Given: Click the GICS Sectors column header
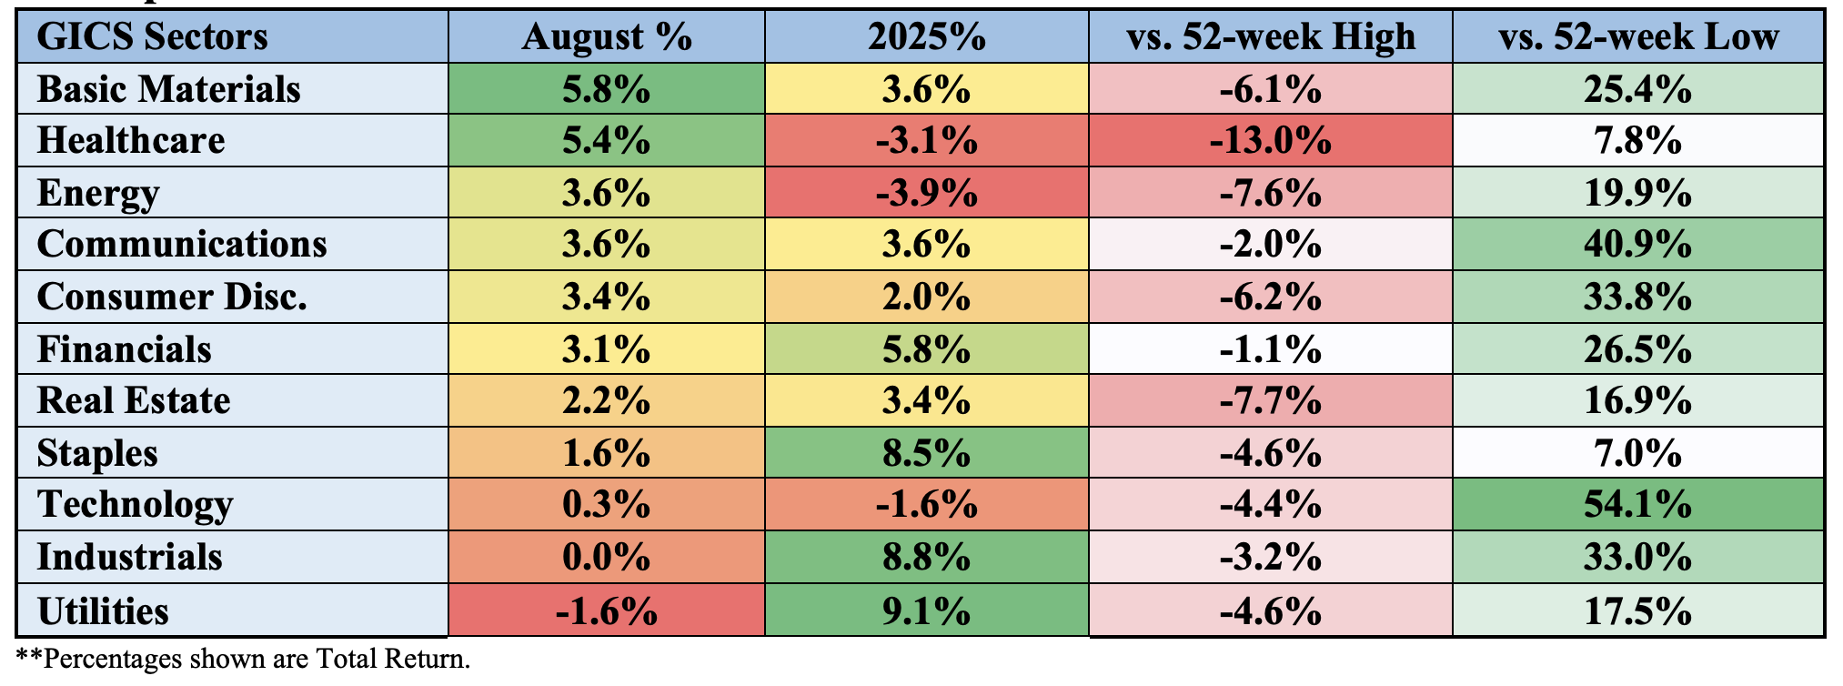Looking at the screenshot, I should [x=153, y=37].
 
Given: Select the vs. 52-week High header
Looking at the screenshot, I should [x=1270, y=37].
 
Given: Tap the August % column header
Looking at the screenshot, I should [x=607, y=37].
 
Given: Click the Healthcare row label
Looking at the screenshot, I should [x=131, y=141].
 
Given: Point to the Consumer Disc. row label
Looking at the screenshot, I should [x=172, y=298].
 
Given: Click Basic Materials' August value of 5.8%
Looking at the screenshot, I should [x=607, y=89].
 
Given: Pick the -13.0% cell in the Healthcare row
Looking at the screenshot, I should [x=1270, y=141].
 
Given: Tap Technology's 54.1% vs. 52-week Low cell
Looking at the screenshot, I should [x=1637, y=505].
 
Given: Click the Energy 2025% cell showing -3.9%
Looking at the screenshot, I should [x=926, y=193].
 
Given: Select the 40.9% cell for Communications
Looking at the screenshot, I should [x=1637, y=245].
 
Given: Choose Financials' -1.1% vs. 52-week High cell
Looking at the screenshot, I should [x=1270, y=349].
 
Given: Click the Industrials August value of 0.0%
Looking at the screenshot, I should [x=607, y=557].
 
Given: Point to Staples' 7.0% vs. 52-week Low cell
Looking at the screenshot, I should [x=1637, y=453].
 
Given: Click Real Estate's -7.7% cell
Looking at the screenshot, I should [x=1270, y=401].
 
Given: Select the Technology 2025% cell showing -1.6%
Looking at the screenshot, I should [x=926, y=505].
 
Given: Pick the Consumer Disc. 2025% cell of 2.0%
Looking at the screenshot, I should [x=926, y=298].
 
